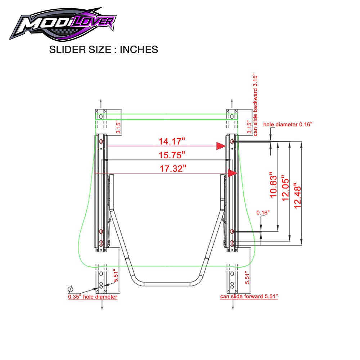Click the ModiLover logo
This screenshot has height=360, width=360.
(x=62, y=24)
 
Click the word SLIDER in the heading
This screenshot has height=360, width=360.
(x=67, y=50)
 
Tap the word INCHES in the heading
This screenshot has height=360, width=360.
(x=139, y=50)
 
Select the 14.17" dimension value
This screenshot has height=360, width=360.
(x=172, y=141)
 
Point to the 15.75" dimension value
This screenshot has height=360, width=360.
(x=172, y=155)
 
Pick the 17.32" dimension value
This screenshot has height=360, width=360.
(x=173, y=168)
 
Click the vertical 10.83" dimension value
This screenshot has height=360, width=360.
(x=273, y=185)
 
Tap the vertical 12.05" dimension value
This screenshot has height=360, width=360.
(x=285, y=188)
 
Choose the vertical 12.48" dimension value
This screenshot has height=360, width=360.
(x=297, y=195)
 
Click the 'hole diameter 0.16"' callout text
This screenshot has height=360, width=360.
(x=288, y=125)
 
